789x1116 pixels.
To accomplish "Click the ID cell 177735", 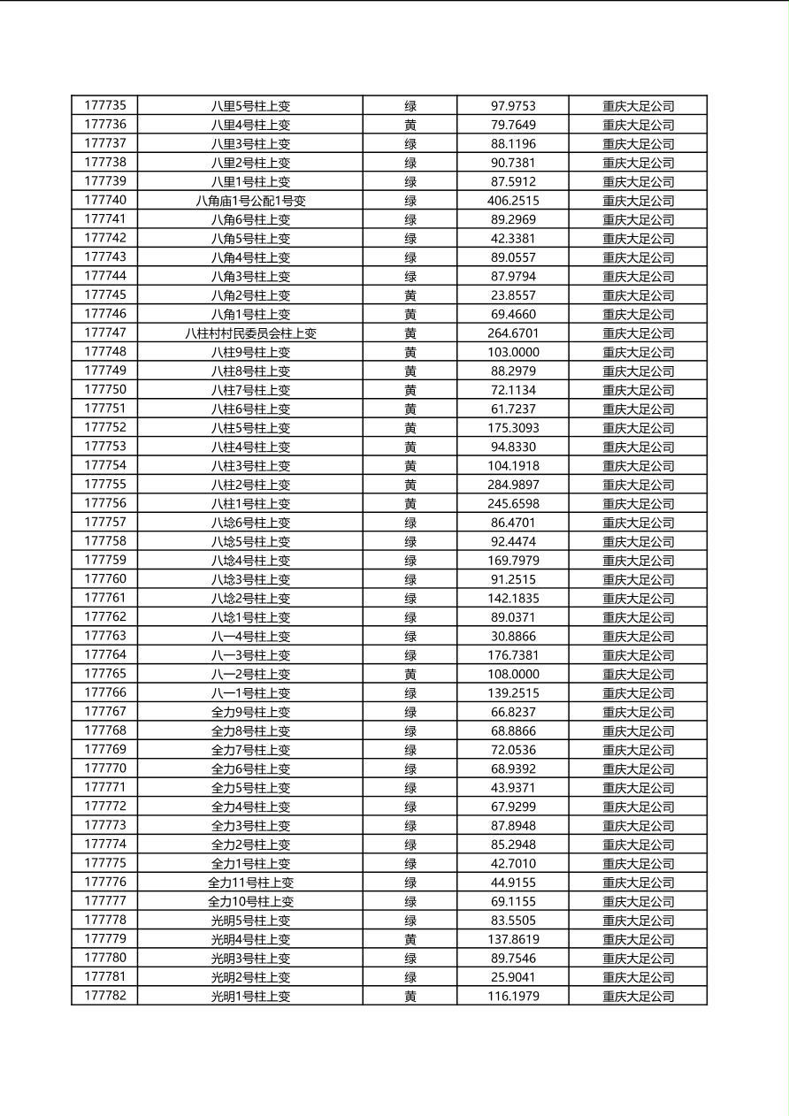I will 105,105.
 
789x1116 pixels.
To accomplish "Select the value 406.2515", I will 513,201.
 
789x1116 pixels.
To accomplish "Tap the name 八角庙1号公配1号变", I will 250,201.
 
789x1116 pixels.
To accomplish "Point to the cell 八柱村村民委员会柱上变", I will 250,333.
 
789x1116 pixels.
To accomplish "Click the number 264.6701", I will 513,333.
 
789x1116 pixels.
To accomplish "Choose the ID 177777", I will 105,901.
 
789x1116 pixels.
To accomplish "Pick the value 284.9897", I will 513,485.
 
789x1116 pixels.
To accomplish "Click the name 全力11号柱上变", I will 250,883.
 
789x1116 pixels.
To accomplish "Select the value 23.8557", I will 513,295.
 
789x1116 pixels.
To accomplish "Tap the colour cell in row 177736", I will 410,125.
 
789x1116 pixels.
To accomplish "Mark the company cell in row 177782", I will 638,997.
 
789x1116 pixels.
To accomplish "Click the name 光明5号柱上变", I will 250,921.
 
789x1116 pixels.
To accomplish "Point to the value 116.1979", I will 513,997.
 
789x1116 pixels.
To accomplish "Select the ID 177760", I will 105,579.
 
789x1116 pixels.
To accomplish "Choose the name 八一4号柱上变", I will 250,637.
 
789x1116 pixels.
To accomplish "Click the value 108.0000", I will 513,674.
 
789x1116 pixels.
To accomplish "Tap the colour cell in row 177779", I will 410,939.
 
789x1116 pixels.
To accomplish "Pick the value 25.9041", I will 513,977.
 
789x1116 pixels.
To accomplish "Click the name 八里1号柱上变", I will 250,181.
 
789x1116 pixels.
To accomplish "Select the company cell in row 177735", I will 638,105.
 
